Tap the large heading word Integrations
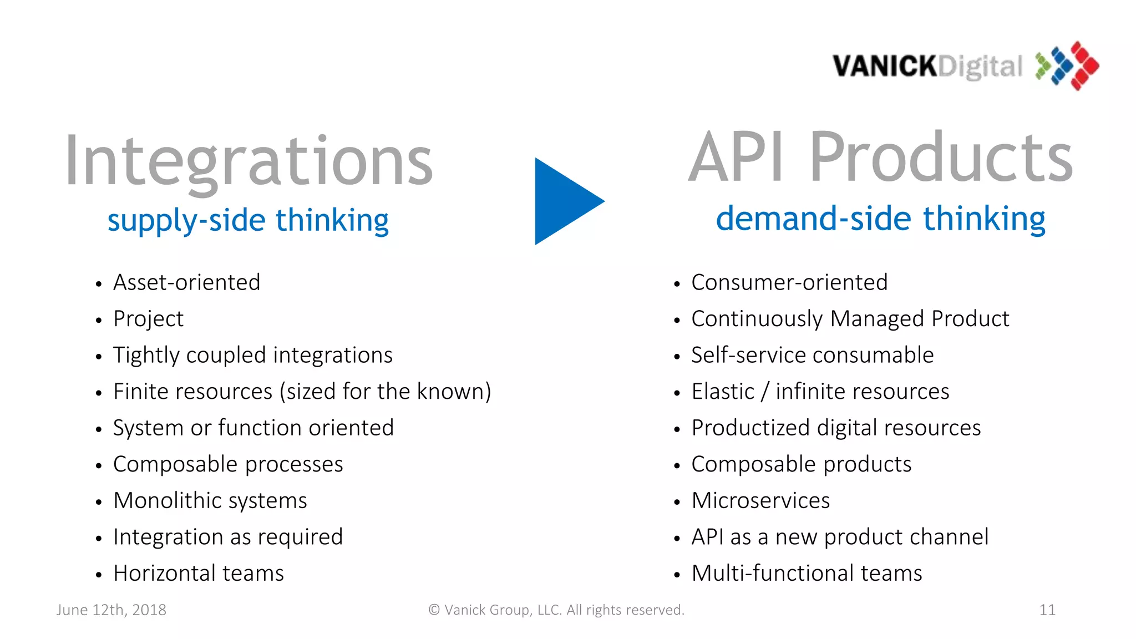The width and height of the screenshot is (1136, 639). [248, 162]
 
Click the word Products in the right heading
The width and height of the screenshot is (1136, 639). [941, 158]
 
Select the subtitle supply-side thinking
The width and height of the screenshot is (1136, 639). [248, 220]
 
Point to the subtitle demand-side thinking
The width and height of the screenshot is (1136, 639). [880, 219]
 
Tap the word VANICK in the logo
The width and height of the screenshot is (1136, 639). [885, 67]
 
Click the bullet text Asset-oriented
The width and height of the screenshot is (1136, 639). [186, 283]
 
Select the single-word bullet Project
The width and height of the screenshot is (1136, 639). [148, 319]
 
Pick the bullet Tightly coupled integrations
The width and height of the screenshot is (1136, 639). [252, 356]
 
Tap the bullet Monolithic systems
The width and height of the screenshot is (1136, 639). [210, 501]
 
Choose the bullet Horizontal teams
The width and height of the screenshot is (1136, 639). [198, 574]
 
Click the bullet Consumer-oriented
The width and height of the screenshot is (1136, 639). [789, 283]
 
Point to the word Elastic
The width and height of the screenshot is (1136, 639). [722, 392]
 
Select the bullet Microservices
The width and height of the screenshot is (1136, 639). [760, 501]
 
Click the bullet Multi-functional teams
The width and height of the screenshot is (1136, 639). [806, 574]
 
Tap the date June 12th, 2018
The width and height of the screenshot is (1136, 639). [111, 610]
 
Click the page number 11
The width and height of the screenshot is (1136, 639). [1047, 610]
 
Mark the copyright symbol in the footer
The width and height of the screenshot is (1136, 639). [434, 610]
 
